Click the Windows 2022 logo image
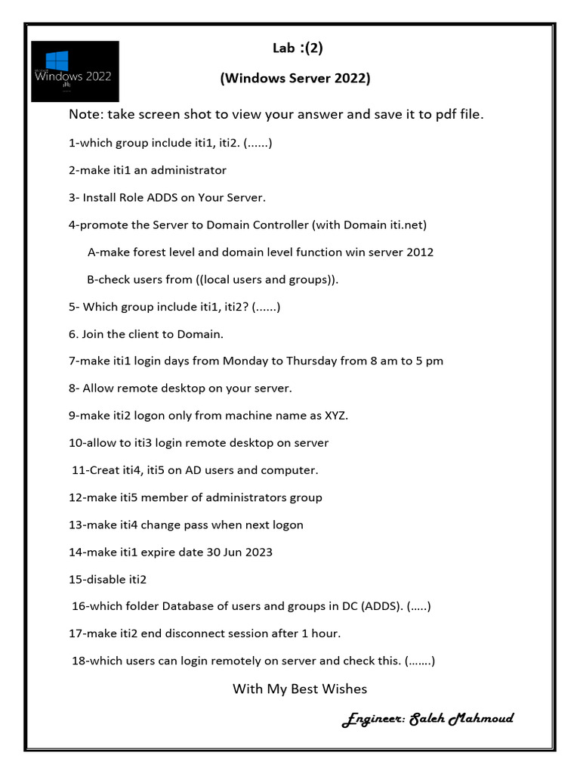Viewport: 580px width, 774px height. pyautogui.click(x=75, y=72)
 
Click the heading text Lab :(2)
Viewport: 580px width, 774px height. pyautogui.click(x=298, y=49)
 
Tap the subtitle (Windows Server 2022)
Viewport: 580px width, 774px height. pyautogui.click(x=295, y=79)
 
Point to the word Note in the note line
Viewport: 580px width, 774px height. pyautogui.click(x=85, y=115)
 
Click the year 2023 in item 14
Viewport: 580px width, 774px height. pyautogui.click(x=258, y=552)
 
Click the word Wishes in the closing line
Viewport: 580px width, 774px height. pyautogui.click(x=343, y=689)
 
